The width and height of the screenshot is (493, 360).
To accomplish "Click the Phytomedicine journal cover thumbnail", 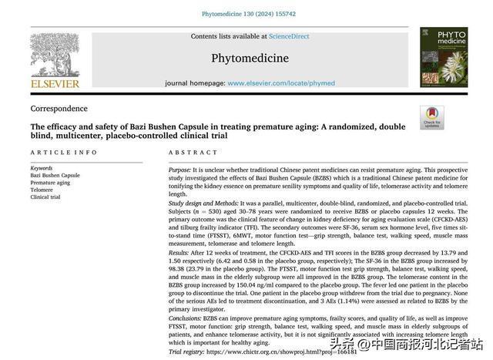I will tap(443, 57).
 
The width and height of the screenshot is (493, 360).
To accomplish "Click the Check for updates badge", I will tap(431, 118).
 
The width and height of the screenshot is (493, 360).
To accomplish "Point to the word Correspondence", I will tap(59, 109).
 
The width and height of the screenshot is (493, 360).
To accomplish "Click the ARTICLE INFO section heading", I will tap(64, 153).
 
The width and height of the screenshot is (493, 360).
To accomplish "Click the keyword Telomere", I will tap(42, 190).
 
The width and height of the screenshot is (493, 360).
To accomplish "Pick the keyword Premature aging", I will tap(50, 183).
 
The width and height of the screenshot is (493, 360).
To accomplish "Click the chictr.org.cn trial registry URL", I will tap(280, 351).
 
